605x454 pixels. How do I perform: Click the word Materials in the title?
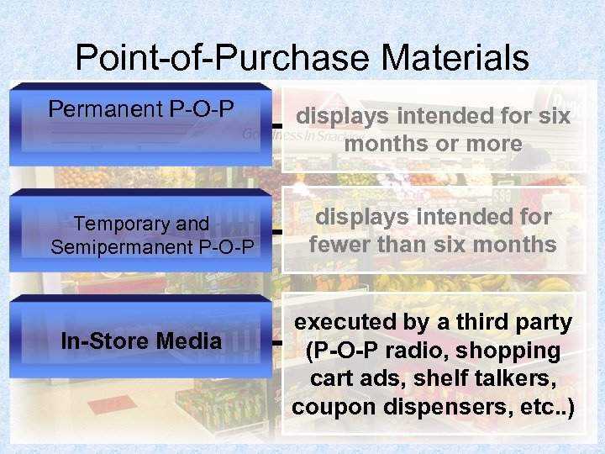tap(455, 59)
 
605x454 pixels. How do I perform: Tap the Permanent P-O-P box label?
tap(141, 109)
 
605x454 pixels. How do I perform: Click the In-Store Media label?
tap(141, 340)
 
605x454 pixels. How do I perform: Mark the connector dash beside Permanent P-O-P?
tap(276, 125)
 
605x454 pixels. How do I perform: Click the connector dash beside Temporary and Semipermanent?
tap(276, 230)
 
